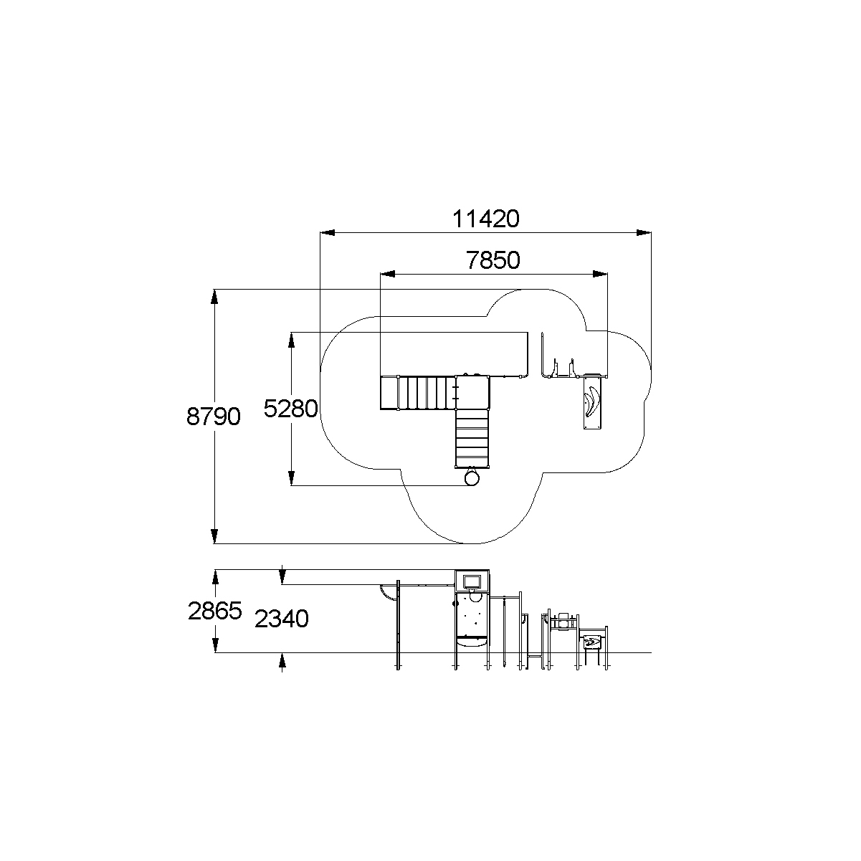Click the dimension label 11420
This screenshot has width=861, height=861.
tap(485, 219)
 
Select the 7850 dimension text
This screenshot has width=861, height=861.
tap(493, 260)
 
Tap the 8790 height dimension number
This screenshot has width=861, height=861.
tap(213, 417)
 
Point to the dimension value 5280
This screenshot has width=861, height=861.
tap(290, 409)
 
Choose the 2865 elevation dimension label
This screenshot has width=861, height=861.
tap(215, 611)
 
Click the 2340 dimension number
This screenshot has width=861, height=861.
tap(282, 619)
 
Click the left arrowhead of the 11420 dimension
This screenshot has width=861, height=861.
tap(328, 233)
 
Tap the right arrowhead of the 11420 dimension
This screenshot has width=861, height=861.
tap(644, 233)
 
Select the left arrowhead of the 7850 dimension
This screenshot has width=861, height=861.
tap(387, 274)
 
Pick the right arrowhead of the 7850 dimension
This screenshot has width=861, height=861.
tap(600, 274)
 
